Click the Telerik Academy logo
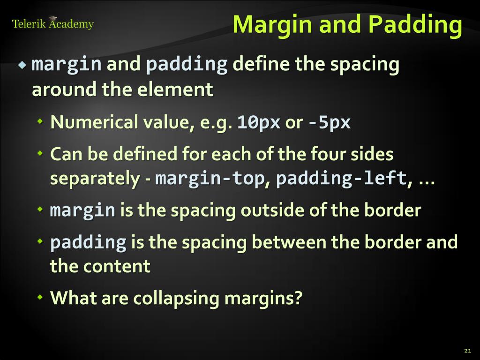click(52, 23)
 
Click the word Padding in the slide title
click(415, 24)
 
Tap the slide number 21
click(467, 351)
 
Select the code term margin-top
click(210, 179)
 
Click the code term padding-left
click(341, 179)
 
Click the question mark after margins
click(298, 298)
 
